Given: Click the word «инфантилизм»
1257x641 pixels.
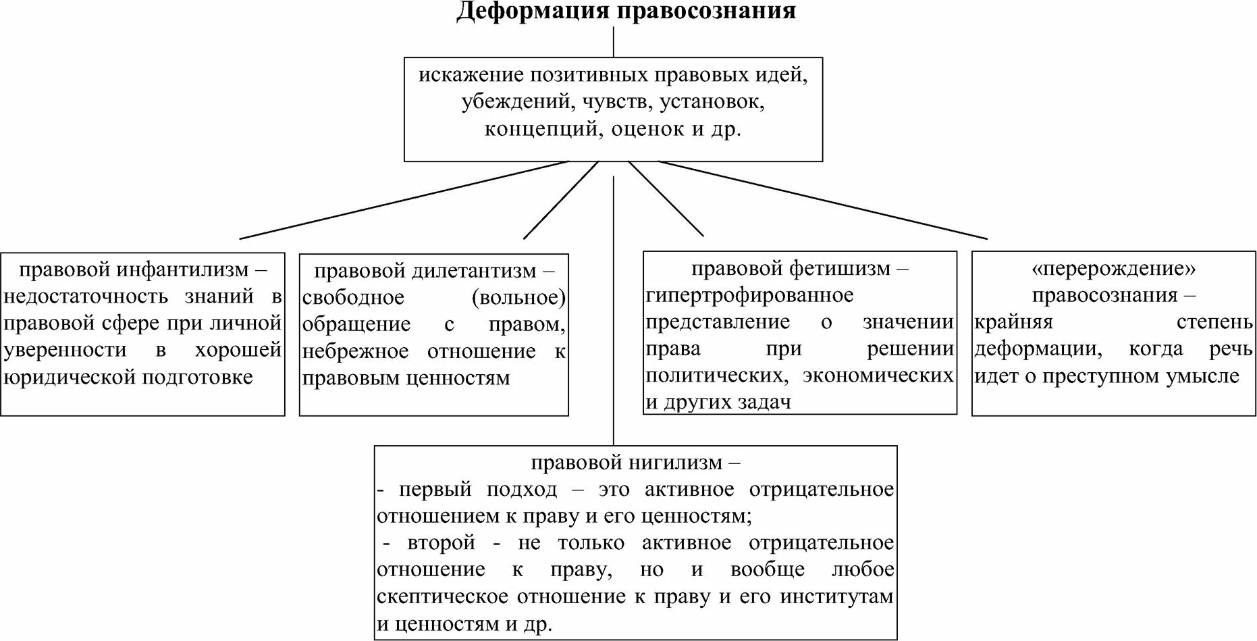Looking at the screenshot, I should coord(182,270).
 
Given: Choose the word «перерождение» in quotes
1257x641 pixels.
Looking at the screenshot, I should coord(1113,268).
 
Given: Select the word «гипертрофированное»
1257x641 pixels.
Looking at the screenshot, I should coord(749,295).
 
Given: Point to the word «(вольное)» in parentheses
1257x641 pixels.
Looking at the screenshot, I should coord(518,297).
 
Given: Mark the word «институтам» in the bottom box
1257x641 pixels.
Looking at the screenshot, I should coord(836,596).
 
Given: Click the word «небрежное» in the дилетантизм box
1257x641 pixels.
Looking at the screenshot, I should coord(355,351).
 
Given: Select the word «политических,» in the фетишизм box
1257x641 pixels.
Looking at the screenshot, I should coord(718,375).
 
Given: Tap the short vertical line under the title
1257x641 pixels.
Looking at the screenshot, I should coord(613,43).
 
